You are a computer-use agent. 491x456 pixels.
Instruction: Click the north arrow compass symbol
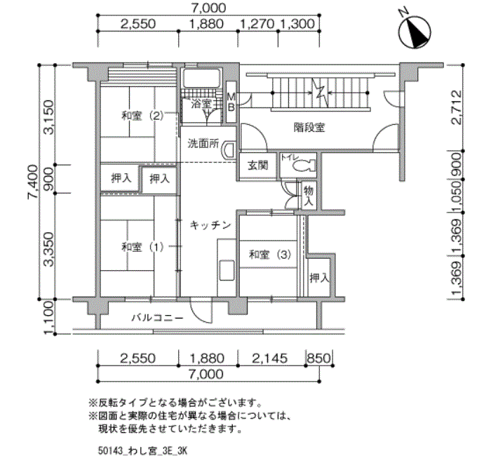pyautogui.click(x=415, y=32)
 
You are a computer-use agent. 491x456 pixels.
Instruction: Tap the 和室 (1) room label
pyautogui.click(x=142, y=247)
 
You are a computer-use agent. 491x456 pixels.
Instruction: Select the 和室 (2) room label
pyautogui.click(x=142, y=116)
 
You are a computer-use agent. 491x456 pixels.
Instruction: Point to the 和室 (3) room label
pyautogui.click(x=270, y=254)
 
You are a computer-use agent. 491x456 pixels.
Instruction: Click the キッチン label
pyautogui.click(x=210, y=225)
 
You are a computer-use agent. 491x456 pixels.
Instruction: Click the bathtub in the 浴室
pyautogui.click(x=202, y=78)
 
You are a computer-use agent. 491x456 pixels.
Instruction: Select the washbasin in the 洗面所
pyautogui.click(x=229, y=151)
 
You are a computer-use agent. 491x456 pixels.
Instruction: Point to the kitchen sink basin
pyautogui.click(x=227, y=270)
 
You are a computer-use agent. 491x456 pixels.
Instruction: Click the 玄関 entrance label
pyautogui.click(x=258, y=165)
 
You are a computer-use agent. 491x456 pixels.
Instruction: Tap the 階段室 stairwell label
pyautogui.click(x=309, y=128)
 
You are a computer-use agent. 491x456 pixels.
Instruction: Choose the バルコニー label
pyautogui.click(x=157, y=318)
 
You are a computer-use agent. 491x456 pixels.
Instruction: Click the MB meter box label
pyautogui.click(x=231, y=102)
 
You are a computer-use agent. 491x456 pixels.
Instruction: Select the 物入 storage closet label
pyautogui.click(x=309, y=196)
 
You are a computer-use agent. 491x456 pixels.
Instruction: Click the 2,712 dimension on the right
pyautogui.click(x=457, y=107)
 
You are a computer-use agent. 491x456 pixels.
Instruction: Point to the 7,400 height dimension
pyautogui.click(x=32, y=182)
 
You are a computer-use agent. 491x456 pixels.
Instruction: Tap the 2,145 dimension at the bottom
pyautogui.click(x=269, y=358)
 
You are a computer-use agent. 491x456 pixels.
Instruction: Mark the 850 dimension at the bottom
pyautogui.click(x=318, y=358)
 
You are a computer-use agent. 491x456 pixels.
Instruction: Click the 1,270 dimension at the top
pyautogui.click(x=257, y=23)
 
